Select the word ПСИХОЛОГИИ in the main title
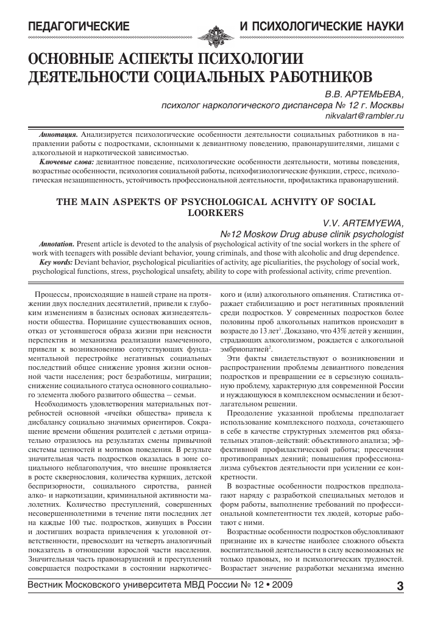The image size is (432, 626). (x=250, y=59)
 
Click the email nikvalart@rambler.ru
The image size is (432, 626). (x=365, y=114)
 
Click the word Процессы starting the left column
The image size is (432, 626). (x=54, y=295)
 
